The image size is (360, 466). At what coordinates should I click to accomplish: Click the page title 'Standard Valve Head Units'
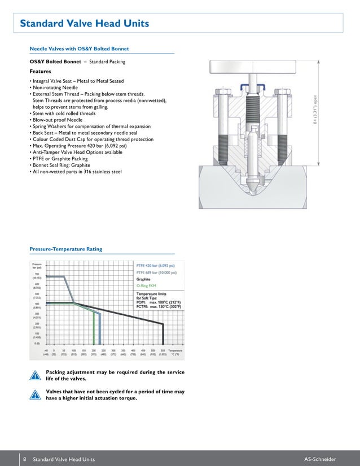[84, 24]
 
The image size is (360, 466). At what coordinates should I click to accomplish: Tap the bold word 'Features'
[40, 72]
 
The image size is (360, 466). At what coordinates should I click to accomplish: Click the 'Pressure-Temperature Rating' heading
[65, 249]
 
